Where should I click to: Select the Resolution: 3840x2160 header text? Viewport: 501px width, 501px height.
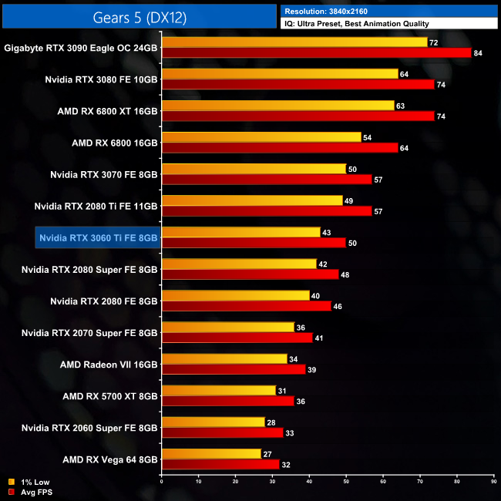pyautogui.click(x=331, y=11)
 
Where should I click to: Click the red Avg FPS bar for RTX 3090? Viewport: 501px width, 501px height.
pyautogui.click(x=316, y=52)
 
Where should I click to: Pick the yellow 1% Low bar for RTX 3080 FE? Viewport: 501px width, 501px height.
pyautogui.click(x=280, y=74)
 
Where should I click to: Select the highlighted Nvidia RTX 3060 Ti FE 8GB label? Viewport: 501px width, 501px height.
pyautogui.click(x=98, y=238)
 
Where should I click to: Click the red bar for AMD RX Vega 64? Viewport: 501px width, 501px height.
pyautogui.click(x=220, y=464)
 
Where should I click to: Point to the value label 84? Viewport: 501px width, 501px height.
pyautogui.click(x=479, y=52)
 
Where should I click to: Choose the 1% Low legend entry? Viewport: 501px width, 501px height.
pyautogui.click(x=34, y=483)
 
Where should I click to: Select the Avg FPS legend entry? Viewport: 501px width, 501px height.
pyautogui.click(x=35, y=492)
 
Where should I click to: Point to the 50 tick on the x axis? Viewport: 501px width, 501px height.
pyautogui.click(x=346, y=482)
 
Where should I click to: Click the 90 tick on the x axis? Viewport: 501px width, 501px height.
pyautogui.click(x=493, y=482)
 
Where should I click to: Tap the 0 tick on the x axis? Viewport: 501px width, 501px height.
pyautogui.click(x=162, y=482)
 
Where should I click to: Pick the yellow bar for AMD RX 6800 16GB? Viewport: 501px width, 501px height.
pyautogui.click(x=261, y=137)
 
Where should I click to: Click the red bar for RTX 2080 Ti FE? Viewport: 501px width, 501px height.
pyautogui.click(x=267, y=210)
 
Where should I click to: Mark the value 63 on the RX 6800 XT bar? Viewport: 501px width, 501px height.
pyautogui.click(x=400, y=106)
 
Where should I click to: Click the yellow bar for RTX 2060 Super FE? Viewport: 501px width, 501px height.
pyautogui.click(x=213, y=422)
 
